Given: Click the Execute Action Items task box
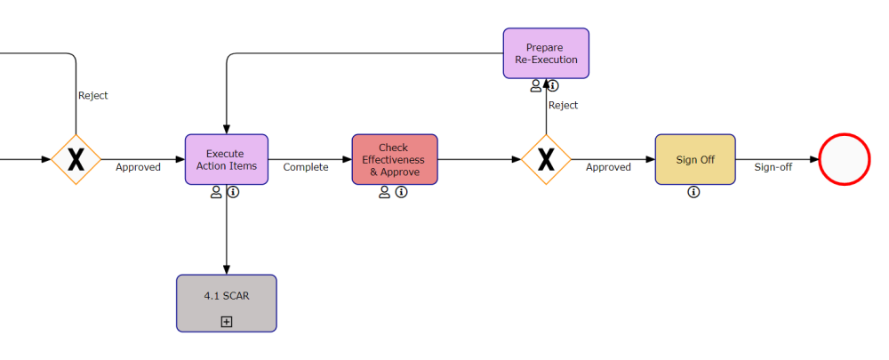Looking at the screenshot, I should (x=226, y=159).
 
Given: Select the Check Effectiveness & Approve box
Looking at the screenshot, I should (x=394, y=159).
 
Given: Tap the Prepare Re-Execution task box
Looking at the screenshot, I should (x=546, y=53).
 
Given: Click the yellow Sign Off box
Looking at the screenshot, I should (x=694, y=160).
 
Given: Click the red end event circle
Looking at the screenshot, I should (x=843, y=159).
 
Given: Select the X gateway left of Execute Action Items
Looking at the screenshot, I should (x=76, y=160).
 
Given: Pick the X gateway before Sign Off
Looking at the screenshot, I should (x=546, y=160).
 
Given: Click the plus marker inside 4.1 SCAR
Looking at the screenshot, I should (x=226, y=322).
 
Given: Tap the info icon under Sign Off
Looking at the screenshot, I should (x=694, y=192).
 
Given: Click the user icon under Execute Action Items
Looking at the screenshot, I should (x=216, y=192).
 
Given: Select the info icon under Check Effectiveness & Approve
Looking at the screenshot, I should (x=402, y=192).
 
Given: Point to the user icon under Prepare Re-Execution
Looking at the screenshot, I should (x=536, y=86).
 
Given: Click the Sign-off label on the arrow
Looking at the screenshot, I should (x=773, y=167).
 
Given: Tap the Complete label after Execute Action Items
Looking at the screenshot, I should (x=306, y=167).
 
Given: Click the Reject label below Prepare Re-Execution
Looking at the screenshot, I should (x=563, y=105).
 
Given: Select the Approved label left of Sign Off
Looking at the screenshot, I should (x=608, y=167).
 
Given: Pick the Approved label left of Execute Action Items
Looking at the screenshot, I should (x=138, y=167).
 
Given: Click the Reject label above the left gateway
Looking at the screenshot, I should (x=93, y=95).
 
